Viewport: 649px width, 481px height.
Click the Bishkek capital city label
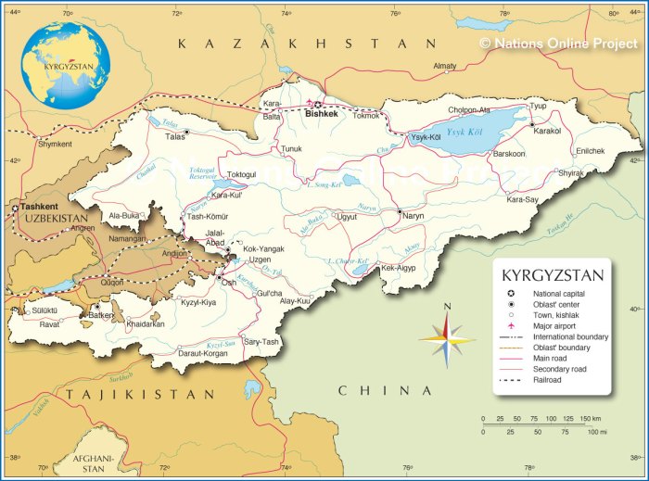pos(318,114)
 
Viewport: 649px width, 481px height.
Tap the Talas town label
pos(174,136)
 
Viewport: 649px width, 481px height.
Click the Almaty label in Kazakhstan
pos(445,66)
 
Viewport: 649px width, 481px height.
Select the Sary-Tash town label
pos(261,342)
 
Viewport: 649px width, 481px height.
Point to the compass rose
pos(447,338)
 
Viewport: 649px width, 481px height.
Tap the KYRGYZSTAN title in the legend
pos(552,275)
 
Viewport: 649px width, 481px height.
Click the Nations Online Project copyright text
pos(560,43)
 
